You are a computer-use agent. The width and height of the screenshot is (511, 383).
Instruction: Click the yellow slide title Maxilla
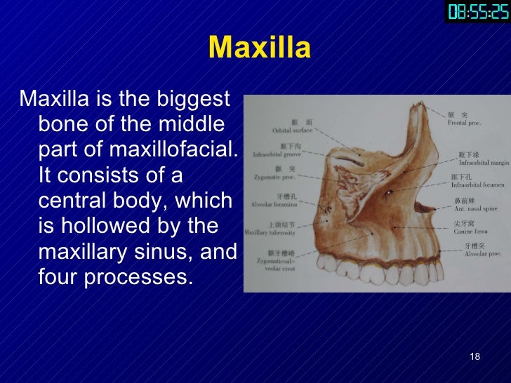pos(260,48)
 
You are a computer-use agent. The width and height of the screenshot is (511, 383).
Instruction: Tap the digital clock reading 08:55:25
pos(477,12)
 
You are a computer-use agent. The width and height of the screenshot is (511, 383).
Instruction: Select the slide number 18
pos(474,358)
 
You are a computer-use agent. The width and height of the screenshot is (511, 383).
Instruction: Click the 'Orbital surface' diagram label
pos(292,130)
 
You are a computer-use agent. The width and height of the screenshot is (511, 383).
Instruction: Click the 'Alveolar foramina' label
pos(274,204)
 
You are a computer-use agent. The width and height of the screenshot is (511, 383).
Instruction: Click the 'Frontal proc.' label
pos(463,122)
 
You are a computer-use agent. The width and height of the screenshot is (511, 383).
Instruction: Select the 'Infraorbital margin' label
pos(484,161)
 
